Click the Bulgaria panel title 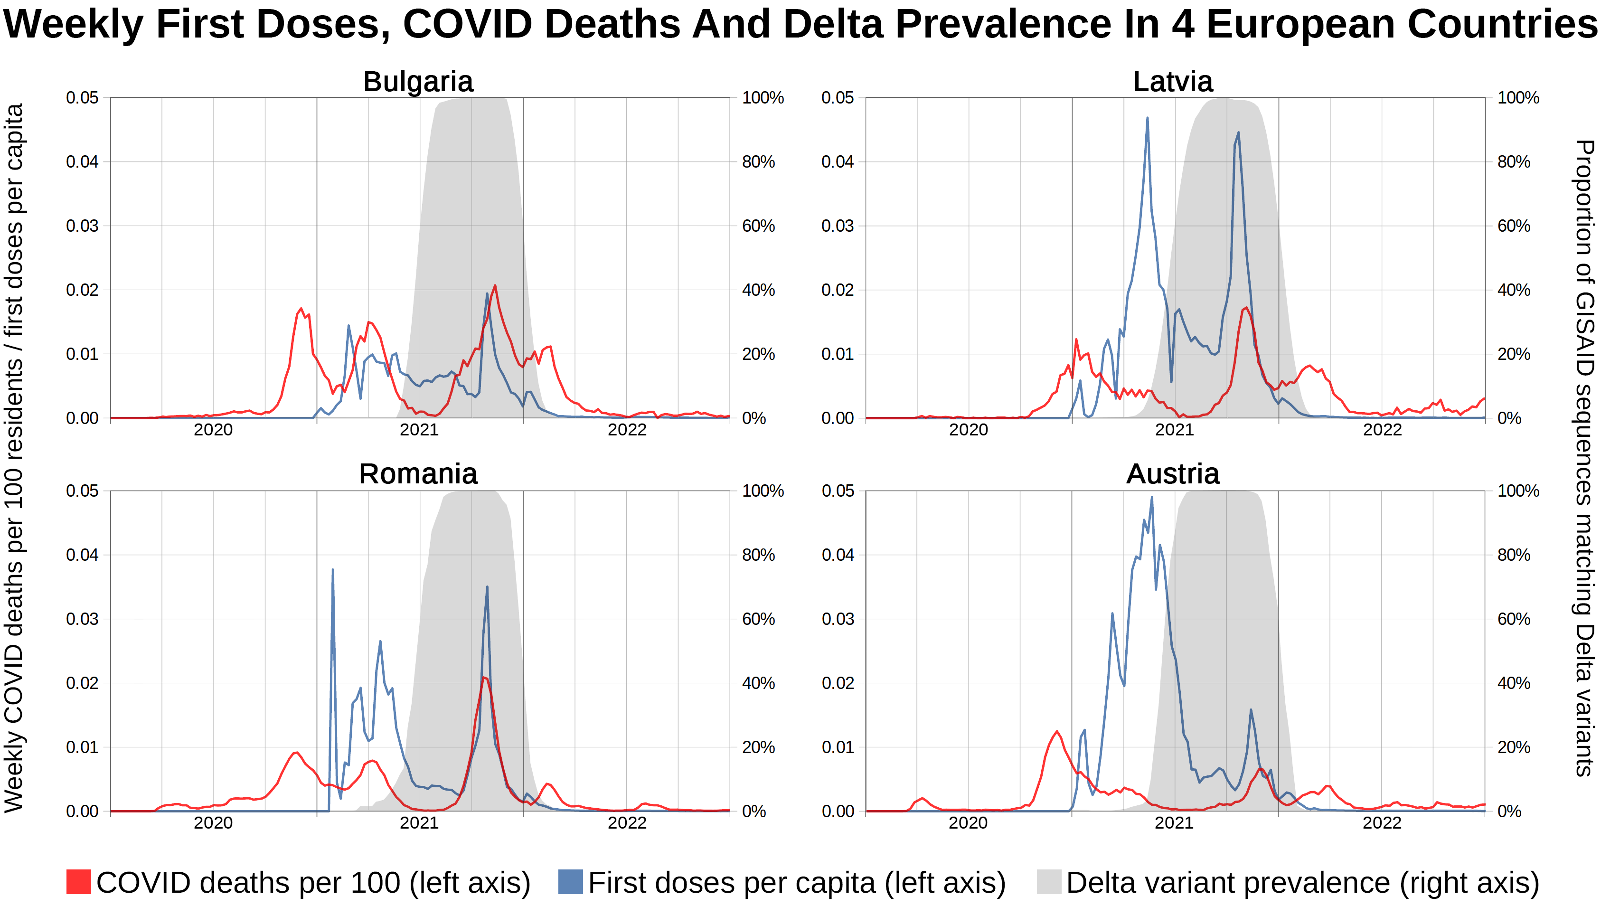coord(418,82)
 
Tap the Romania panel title coord(418,474)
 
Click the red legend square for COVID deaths coord(78,882)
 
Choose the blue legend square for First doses coord(570,882)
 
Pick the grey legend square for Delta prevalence coord(1049,882)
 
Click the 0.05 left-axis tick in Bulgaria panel coord(82,98)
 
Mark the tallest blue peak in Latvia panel coord(1147,118)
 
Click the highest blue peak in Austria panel coord(1151,497)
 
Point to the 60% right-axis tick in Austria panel coord(1513,619)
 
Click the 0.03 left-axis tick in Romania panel coord(82,619)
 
